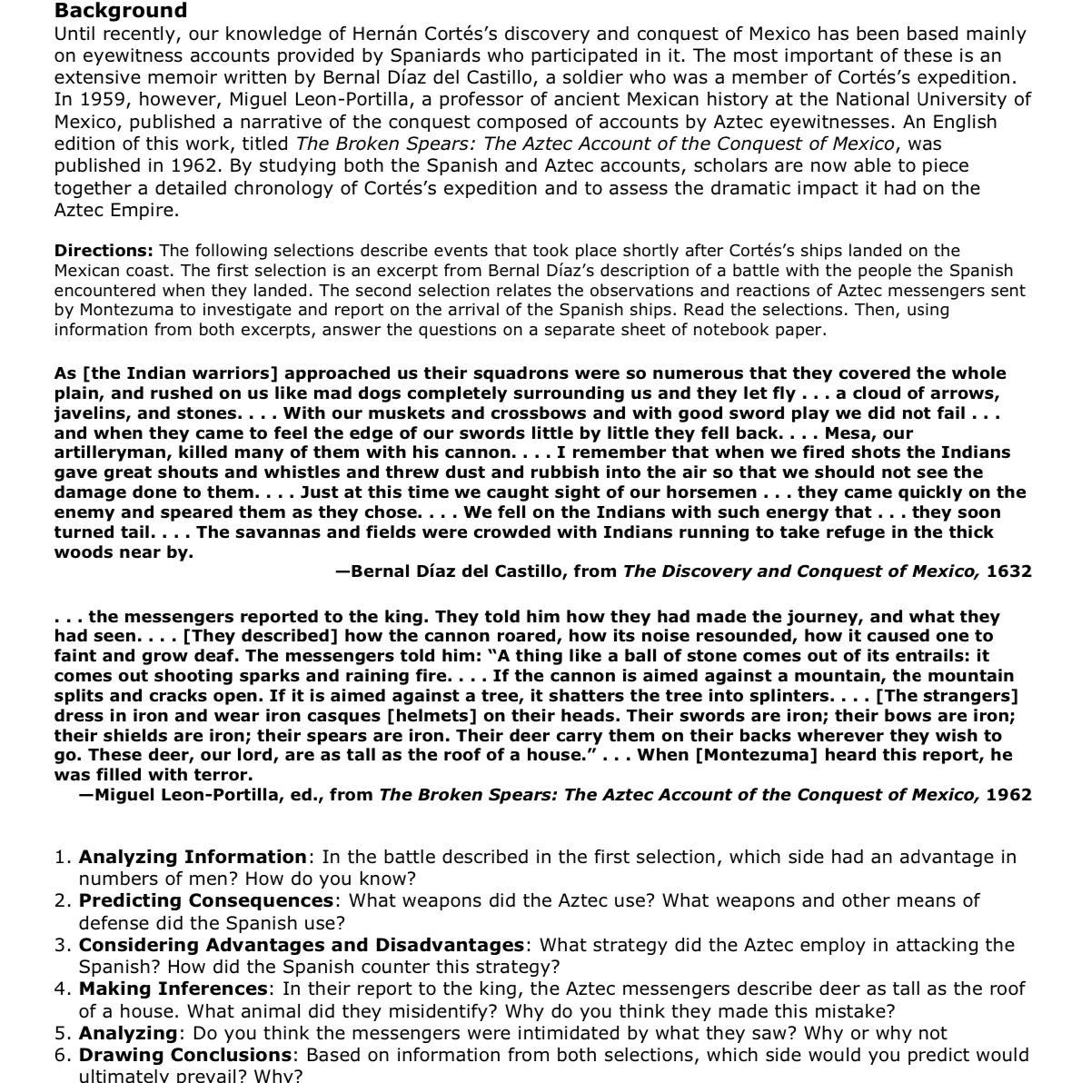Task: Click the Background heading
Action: point(121,11)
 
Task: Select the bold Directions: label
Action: point(104,250)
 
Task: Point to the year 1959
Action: point(103,99)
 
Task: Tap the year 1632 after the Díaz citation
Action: point(1008,571)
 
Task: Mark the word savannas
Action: point(275,532)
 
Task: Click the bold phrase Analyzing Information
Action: point(193,857)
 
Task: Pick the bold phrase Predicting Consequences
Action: point(206,900)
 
